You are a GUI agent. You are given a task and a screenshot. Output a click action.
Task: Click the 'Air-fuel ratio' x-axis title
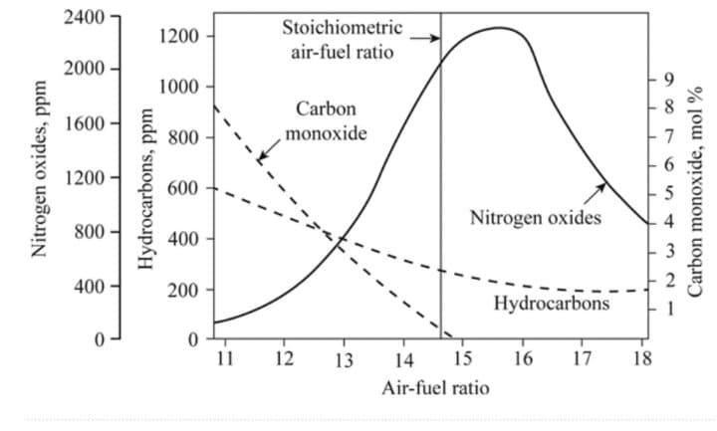pyautogui.click(x=435, y=387)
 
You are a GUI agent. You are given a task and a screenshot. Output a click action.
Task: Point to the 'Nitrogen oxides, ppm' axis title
pyautogui.click(x=41, y=179)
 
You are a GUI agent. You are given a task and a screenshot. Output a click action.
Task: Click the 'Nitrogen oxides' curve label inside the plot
pyautogui.click(x=536, y=217)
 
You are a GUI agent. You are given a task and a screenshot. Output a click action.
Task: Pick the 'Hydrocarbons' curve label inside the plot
pyautogui.click(x=552, y=303)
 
